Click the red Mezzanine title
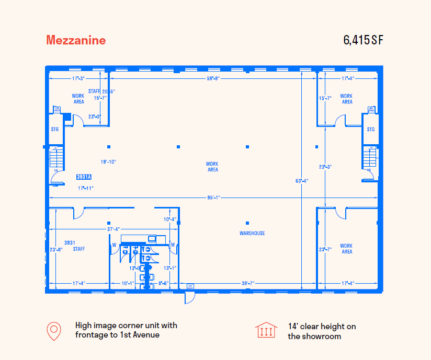point(76,40)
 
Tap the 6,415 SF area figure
point(364,40)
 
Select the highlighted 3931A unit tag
point(84,177)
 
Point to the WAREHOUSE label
point(252,233)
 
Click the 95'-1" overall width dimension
point(213,198)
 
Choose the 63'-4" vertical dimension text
point(302,181)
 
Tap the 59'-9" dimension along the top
point(213,78)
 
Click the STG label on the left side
point(55,129)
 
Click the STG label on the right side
point(370,129)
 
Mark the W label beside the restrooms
point(114,245)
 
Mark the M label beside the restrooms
point(172,245)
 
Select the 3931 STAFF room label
point(78,246)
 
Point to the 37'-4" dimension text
point(114,229)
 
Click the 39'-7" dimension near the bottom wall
point(248,283)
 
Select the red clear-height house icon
point(266,331)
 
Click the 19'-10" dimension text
point(108,162)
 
